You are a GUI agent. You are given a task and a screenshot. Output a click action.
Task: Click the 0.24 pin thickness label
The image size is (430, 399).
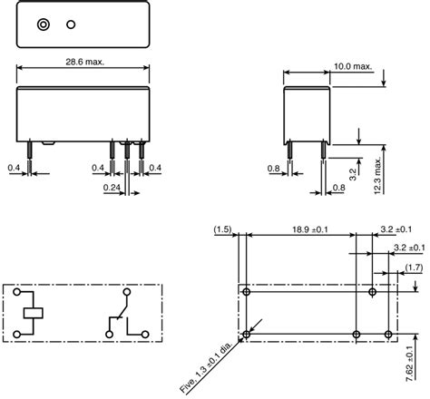pos(112,188)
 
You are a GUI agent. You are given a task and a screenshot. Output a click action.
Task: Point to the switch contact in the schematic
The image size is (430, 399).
pos(121,314)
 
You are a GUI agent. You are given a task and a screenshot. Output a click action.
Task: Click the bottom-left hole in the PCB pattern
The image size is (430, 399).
pos(244,335)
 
